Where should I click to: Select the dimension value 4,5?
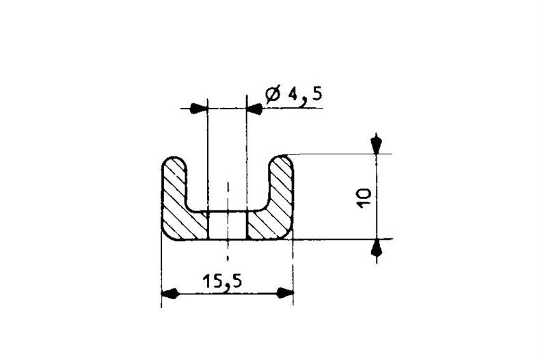point(303,94)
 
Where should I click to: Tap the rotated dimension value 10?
point(364,198)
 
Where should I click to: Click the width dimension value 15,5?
point(224,280)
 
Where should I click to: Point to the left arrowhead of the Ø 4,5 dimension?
point(198,108)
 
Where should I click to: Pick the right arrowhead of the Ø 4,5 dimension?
point(254,108)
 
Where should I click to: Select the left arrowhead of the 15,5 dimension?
point(170,294)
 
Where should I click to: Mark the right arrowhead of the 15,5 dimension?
point(284,294)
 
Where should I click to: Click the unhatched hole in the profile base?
point(227,225)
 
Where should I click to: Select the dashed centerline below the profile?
point(228,256)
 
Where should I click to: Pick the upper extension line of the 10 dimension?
point(335,154)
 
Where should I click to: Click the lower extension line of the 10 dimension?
point(335,239)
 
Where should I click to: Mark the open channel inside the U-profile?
point(227,184)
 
